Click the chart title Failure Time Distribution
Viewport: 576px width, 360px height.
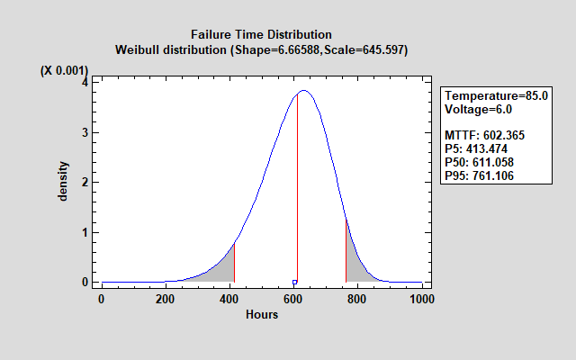pyautogui.click(x=261, y=35)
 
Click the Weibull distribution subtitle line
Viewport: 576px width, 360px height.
pyautogui.click(x=261, y=49)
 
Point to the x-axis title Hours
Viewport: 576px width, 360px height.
pyautogui.click(x=262, y=314)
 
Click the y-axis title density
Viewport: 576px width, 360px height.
pyautogui.click(x=64, y=181)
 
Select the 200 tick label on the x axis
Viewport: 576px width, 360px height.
pyautogui.click(x=165, y=299)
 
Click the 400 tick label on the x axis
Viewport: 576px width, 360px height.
pyautogui.click(x=229, y=299)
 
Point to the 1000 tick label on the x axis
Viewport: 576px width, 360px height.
pyautogui.click(x=421, y=299)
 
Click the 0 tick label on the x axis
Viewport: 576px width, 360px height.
pyautogui.click(x=101, y=299)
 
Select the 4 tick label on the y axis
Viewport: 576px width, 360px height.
pyautogui.click(x=84, y=82)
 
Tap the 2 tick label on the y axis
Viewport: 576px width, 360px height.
pyautogui.click(x=84, y=182)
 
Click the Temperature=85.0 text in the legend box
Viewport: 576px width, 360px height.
pyautogui.click(x=496, y=96)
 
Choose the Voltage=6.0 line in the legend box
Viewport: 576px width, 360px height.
pyautogui.click(x=479, y=109)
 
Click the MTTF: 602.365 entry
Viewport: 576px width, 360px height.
pyautogui.click(x=484, y=135)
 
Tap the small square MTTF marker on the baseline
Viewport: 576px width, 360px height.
pyautogui.click(x=294, y=283)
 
